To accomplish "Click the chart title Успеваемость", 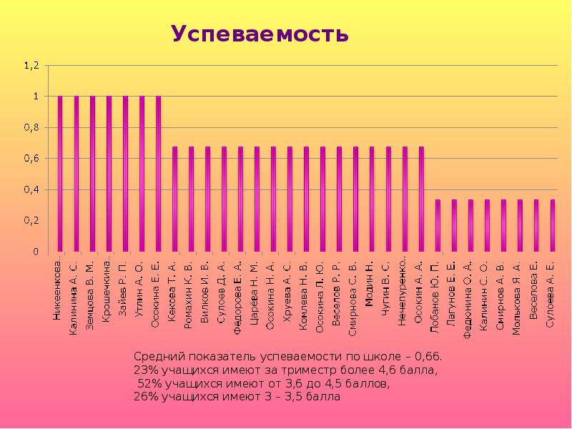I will [260, 34].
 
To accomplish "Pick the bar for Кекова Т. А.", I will [174, 199].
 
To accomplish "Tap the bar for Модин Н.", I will [372, 199].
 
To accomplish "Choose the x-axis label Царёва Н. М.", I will [255, 293].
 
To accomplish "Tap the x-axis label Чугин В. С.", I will [387, 293].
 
